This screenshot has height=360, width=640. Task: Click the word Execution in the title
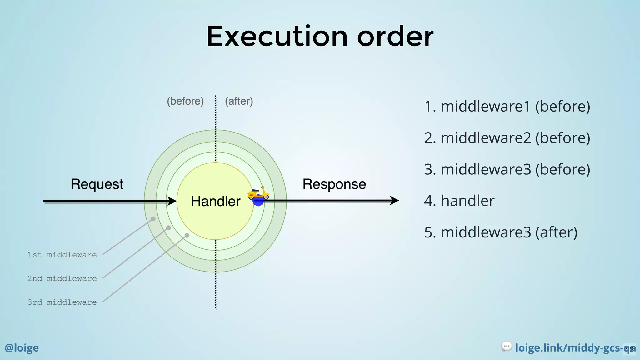pyautogui.click(x=277, y=37)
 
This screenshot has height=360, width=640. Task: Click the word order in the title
pyautogui.click(x=395, y=37)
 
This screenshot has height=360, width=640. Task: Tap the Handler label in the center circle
pyautogui.click(x=216, y=201)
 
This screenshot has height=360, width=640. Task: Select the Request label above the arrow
pyautogui.click(x=97, y=184)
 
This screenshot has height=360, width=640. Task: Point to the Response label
pyautogui.click(x=334, y=184)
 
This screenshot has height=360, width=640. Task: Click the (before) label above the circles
pyautogui.click(x=185, y=101)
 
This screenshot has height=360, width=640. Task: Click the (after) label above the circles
pyautogui.click(x=239, y=101)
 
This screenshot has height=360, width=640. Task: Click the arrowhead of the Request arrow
pyautogui.click(x=172, y=201)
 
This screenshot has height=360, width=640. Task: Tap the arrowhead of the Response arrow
pyautogui.click(x=394, y=201)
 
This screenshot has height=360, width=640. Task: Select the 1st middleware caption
pyautogui.click(x=62, y=255)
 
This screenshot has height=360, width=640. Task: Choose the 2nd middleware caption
pyautogui.click(x=62, y=279)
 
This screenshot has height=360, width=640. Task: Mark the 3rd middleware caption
pyautogui.click(x=62, y=302)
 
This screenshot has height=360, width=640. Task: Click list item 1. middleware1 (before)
pyautogui.click(x=507, y=106)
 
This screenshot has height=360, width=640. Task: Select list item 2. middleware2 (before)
pyautogui.click(x=507, y=138)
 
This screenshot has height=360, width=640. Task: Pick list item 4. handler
pyautogui.click(x=459, y=201)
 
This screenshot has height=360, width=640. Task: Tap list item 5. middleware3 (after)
pyautogui.click(x=501, y=232)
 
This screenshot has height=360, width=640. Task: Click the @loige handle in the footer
pyautogui.click(x=22, y=348)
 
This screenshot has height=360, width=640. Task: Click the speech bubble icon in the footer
pyautogui.click(x=507, y=347)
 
